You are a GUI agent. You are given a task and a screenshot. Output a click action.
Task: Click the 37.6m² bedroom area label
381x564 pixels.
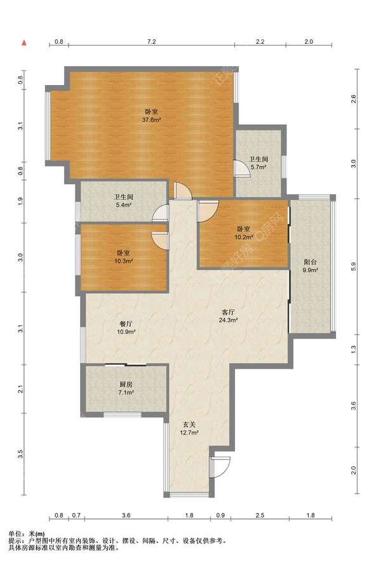[x=151, y=116]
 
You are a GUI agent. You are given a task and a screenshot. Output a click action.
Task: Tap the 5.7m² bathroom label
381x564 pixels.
[x=258, y=163]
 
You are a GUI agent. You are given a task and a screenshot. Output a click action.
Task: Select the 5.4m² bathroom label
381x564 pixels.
[x=124, y=201]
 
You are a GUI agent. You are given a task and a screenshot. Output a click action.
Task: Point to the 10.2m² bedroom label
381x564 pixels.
[x=244, y=233]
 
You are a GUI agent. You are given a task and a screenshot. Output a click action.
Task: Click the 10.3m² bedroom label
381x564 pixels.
[x=124, y=257]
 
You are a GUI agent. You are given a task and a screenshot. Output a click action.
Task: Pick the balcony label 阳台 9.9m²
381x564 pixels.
[x=310, y=266]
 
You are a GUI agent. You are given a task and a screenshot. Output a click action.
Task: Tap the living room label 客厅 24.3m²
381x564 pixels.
[x=229, y=316]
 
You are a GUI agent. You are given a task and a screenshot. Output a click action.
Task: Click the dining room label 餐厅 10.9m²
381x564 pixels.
[x=126, y=327]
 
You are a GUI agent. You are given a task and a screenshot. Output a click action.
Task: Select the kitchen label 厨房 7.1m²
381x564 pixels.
[x=126, y=388]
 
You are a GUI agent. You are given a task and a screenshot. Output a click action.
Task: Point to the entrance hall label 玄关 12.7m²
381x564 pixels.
[x=189, y=428]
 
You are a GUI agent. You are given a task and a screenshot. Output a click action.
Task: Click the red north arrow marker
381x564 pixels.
[x=23, y=43]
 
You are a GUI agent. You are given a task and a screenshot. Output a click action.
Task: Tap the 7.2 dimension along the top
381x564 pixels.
[x=152, y=41]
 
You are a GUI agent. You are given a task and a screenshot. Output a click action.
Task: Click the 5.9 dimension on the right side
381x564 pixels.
[x=353, y=267]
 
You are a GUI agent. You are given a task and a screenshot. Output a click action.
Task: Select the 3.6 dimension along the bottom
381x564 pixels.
[x=126, y=515]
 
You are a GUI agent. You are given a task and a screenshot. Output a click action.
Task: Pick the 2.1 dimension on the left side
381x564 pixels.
[x=20, y=389]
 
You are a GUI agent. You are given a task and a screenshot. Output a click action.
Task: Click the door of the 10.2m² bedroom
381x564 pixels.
[x=208, y=211]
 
